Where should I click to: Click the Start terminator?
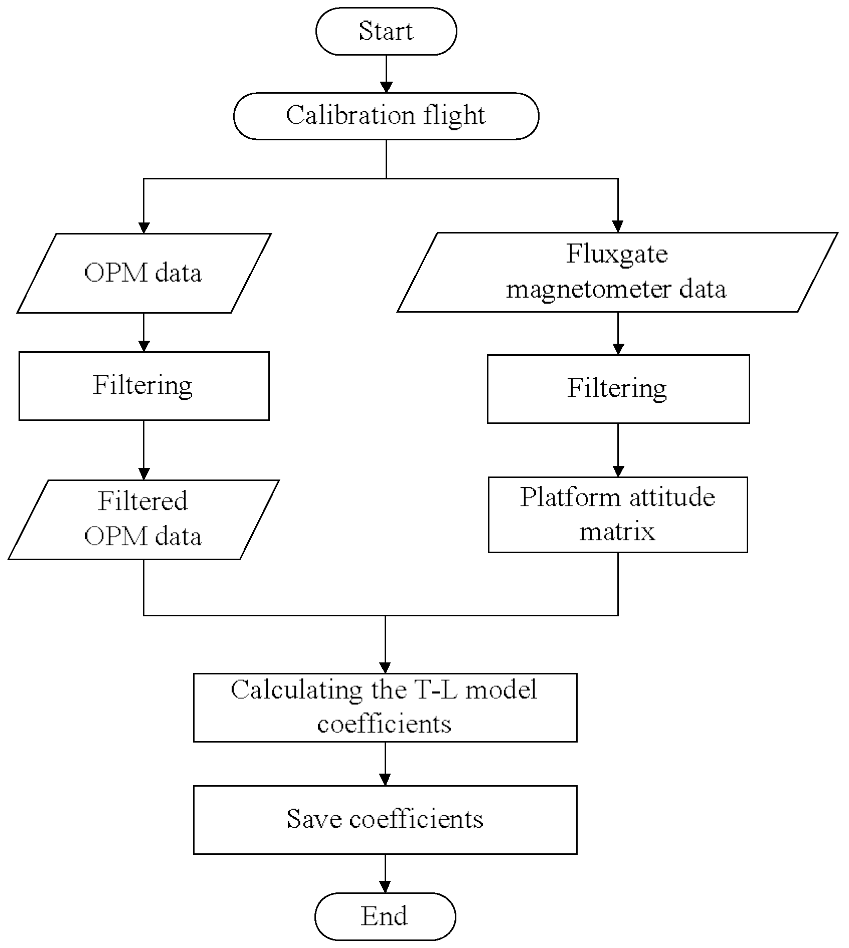click(386, 31)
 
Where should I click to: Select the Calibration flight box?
click(386, 116)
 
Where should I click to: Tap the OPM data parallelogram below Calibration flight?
click(143, 273)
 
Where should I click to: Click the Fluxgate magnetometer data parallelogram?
click(617, 272)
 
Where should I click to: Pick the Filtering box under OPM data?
click(143, 385)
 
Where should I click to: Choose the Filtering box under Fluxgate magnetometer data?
click(618, 389)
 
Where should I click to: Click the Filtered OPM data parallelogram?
click(143, 519)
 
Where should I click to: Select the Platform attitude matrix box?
click(617, 515)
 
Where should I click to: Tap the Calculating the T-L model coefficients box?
click(385, 707)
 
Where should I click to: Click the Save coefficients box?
click(385, 819)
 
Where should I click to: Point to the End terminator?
click(385, 916)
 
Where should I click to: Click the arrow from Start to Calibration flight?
click(386, 74)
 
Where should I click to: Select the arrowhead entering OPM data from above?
click(144, 227)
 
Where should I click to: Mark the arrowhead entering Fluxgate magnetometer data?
click(618, 226)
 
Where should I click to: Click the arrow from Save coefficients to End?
click(385, 873)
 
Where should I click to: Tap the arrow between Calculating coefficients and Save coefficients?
click(385, 764)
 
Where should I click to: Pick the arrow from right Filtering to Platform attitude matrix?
click(618, 450)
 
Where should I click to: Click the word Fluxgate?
click(617, 254)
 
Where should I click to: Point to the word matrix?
click(617, 532)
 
